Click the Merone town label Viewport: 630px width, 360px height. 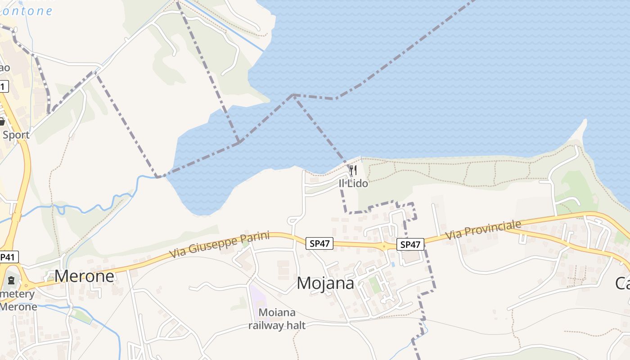pyautogui.click(x=84, y=276)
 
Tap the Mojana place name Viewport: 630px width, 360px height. pyautogui.click(x=325, y=283)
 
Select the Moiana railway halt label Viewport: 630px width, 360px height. pyautogui.click(x=277, y=319)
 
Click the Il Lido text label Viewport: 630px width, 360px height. pyautogui.click(x=353, y=184)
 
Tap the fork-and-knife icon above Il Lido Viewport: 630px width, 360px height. pyautogui.click(x=353, y=170)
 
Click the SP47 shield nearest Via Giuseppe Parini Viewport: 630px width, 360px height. pyautogui.click(x=319, y=243)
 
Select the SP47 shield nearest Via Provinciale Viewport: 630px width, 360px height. pyautogui.click(x=410, y=244)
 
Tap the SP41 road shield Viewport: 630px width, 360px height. pyautogui.click(x=9, y=257)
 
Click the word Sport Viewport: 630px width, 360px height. pyautogui.click(x=16, y=135)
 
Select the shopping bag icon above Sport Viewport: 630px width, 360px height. pyautogui.click(x=2, y=121)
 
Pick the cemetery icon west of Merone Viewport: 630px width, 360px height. pyautogui.click(x=11, y=280)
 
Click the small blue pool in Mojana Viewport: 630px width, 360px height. pyautogui.click(x=393, y=264)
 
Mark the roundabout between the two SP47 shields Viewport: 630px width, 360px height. pyautogui.click(x=383, y=246)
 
